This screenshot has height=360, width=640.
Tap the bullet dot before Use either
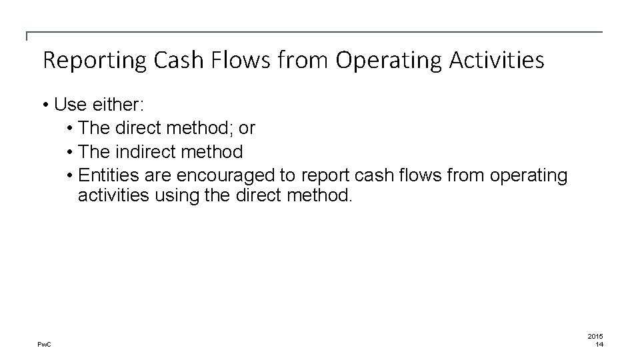pos(45,105)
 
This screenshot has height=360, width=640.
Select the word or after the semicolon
pos(247,128)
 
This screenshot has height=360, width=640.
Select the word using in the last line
pos(177,196)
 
